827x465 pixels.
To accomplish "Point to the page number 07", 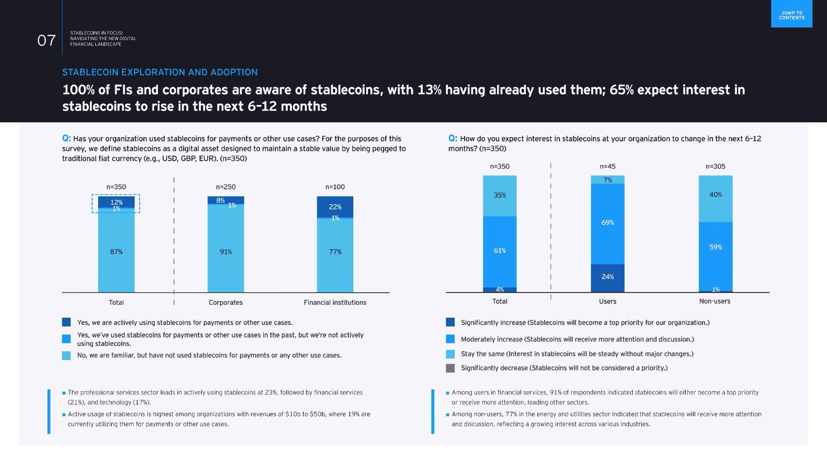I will (46, 40).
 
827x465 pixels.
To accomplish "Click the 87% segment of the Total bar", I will (116, 251).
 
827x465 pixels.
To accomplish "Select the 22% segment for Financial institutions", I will (335, 206).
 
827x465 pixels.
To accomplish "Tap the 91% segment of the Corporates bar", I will (226, 251).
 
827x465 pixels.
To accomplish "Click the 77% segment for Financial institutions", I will (335, 251).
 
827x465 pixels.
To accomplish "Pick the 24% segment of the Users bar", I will (607, 277).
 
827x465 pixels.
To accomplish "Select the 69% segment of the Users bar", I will (607, 223).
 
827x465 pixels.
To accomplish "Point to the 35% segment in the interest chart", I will (500, 195).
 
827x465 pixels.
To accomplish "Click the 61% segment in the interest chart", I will (500, 251).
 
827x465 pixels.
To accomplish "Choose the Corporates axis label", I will (226, 302).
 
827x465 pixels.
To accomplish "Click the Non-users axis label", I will (714, 301).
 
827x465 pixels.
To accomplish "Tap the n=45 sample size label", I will (607, 166).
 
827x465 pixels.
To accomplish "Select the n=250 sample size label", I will (226, 187).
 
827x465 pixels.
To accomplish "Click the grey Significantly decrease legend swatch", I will (450, 368).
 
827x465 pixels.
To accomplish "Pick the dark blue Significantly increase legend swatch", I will (450, 322).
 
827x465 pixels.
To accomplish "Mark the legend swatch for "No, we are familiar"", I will (66, 355).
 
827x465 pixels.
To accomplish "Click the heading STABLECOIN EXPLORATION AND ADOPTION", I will (160, 72).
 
